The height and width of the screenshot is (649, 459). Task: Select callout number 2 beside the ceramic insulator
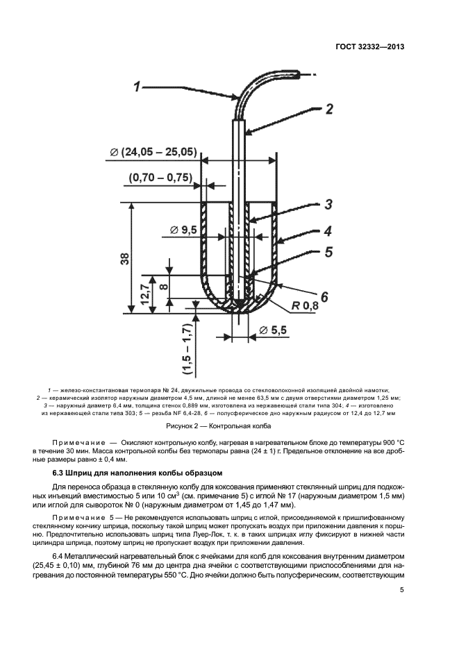(x=329, y=109)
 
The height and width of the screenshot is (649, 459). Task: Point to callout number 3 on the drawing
(x=328, y=205)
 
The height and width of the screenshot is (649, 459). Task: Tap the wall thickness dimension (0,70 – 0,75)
(x=160, y=178)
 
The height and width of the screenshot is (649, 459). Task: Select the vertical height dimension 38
(x=124, y=259)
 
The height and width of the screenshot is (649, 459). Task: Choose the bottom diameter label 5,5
(x=272, y=330)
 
